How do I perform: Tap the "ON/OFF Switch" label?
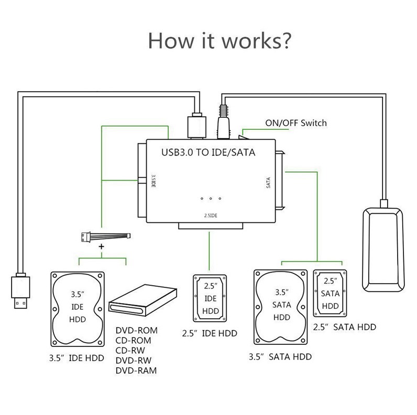[x=297, y=123]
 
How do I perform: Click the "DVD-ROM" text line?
[x=136, y=331]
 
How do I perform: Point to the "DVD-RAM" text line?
[x=136, y=371]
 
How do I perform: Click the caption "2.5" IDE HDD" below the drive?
[x=209, y=333]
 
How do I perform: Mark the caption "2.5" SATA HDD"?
[x=344, y=327]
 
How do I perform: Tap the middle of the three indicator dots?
[x=211, y=198]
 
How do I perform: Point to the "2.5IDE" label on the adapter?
[x=211, y=215]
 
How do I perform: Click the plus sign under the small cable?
[x=102, y=247]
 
